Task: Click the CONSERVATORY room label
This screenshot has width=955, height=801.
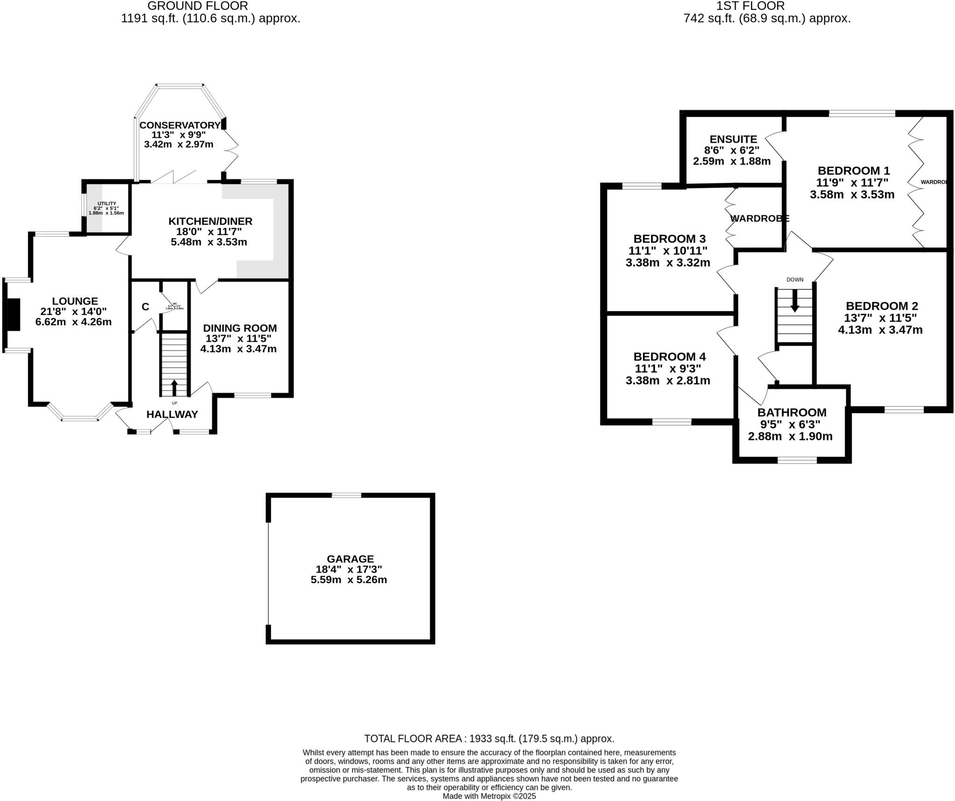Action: click(180, 125)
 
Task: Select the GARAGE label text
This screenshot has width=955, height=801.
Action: click(350, 559)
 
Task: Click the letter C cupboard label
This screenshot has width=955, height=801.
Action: click(145, 307)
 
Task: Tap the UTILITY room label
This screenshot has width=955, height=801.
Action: click(107, 204)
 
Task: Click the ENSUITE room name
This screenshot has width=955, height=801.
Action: click(733, 139)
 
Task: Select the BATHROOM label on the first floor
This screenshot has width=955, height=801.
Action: click(791, 412)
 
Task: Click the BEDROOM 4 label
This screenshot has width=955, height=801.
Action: click(669, 357)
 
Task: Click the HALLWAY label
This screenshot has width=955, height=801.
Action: click(172, 414)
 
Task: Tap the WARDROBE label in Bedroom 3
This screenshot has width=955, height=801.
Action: click(759, 218)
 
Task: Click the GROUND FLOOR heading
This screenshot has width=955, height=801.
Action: click(198, 6)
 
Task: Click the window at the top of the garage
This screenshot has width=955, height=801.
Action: click(346, 495)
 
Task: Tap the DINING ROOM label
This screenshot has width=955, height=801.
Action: click(240, 328)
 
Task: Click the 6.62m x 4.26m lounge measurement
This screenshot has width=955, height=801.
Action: click(73, 322)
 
